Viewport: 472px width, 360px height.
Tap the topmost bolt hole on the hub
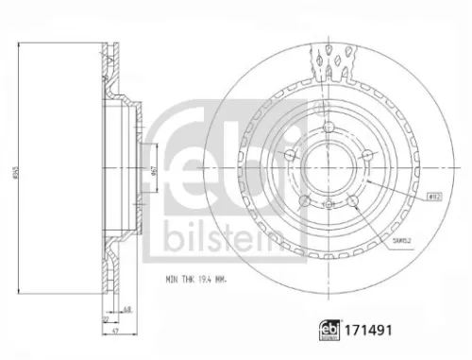(x=327, y=131)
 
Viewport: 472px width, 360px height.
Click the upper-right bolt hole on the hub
(x=364, y=158)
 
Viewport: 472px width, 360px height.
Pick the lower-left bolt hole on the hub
(x=304, y=200)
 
